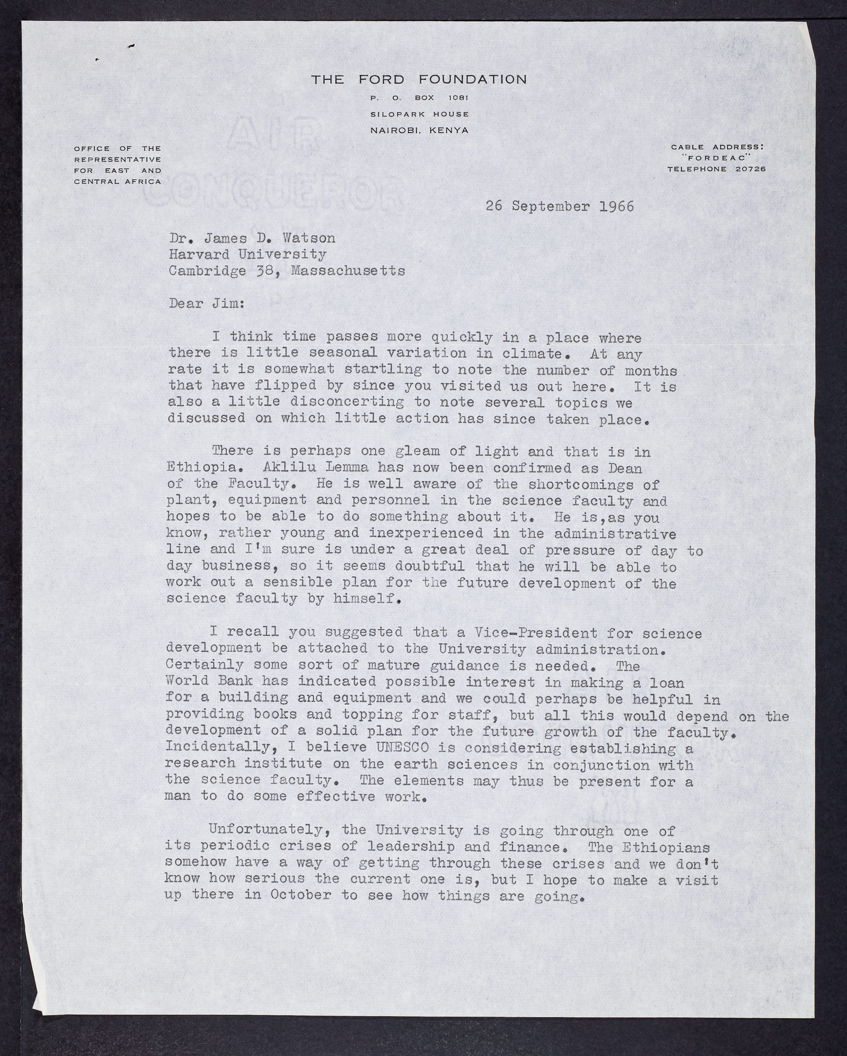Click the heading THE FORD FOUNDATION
coord(419,80)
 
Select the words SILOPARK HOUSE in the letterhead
coord(419,114)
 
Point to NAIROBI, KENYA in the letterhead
coord(419,130)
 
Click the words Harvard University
coord(247,255)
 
